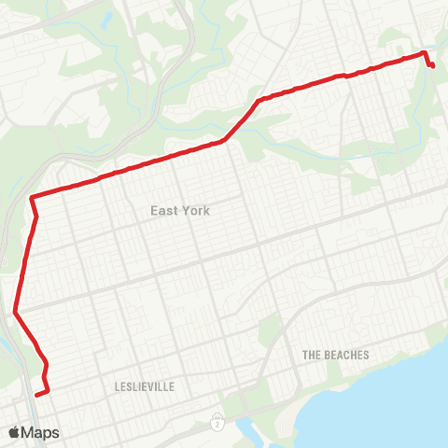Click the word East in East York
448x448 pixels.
tap(164, 211)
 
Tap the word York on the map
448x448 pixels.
tap(195, 211)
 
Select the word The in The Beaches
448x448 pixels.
tap(312, 356)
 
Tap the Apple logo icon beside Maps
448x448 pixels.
tap(14, 433)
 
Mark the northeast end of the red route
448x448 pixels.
tap(434, 65)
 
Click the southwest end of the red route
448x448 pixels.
tap(36, 396)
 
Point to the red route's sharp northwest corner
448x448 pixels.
tap(32, 197)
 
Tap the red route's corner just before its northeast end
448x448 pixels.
tap(425, 53)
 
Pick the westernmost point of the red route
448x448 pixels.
tap(15, 313)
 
